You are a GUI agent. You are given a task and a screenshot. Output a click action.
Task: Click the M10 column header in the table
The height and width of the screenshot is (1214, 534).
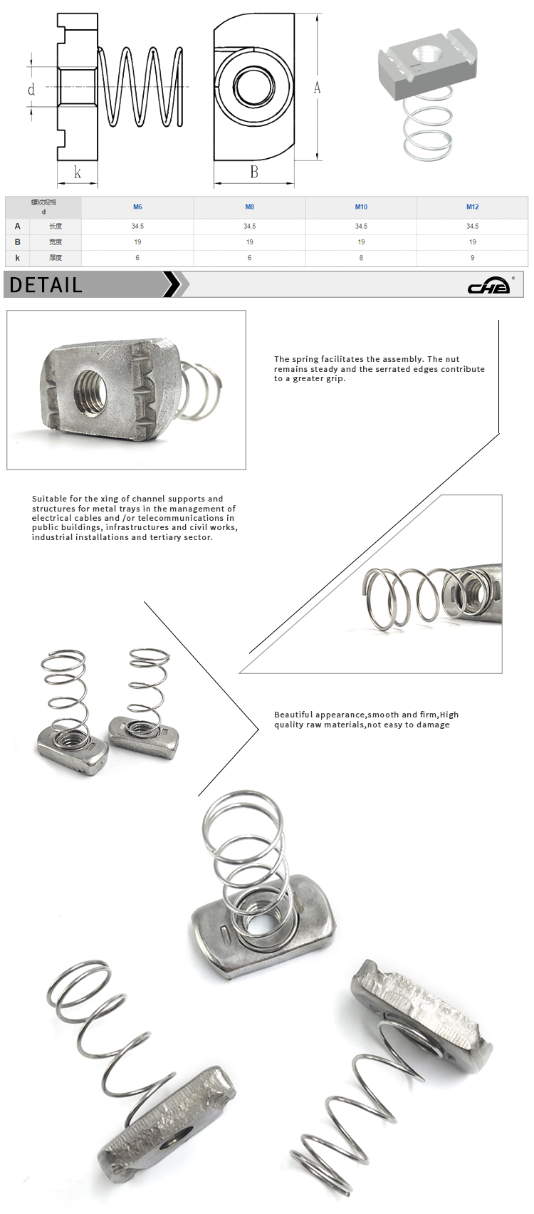[361, 207]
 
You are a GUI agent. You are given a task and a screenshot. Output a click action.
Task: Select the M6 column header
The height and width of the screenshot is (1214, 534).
[137, 207]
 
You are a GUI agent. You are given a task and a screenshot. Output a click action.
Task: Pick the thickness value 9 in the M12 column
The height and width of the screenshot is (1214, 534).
[472, 258]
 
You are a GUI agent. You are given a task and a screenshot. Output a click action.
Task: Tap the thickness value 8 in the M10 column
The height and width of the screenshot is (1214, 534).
[361, 258]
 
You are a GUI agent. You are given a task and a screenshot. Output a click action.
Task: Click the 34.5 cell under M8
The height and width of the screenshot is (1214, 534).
[249, 226]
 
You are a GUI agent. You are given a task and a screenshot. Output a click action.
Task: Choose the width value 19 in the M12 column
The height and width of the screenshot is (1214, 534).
[472, 242]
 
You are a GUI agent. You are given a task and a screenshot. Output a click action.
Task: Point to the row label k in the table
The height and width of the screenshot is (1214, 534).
[18, 258]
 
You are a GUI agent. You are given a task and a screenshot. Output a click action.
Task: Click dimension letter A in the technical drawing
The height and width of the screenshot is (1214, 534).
[317, 88]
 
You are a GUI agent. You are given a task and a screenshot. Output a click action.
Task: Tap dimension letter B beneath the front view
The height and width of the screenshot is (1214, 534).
[253, 172]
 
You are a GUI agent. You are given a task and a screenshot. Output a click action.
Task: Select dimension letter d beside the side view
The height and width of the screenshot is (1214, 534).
[31, 90]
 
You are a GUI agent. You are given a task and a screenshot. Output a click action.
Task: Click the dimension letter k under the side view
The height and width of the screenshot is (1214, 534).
[77, 172]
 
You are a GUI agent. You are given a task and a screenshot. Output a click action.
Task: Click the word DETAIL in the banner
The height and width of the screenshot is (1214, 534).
[46, 285]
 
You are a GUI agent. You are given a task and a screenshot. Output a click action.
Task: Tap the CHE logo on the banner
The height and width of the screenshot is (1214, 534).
[490, 286]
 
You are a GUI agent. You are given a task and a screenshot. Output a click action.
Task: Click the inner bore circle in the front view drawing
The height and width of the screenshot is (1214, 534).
[253, 87]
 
